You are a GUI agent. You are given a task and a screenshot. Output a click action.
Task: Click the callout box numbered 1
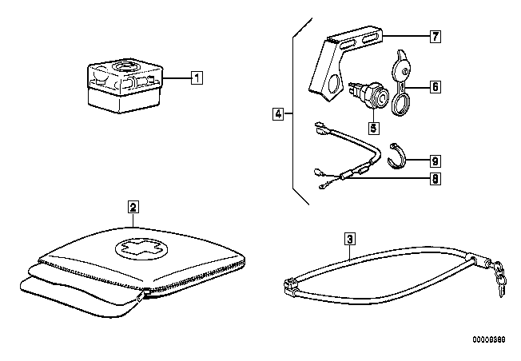197,78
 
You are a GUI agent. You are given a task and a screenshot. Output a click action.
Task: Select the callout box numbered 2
133,207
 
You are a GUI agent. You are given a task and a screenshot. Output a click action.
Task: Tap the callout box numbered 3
350,239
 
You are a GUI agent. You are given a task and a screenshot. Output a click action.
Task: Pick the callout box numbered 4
278,114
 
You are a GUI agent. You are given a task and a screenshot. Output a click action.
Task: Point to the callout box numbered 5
373,128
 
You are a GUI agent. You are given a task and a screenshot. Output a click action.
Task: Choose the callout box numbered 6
435,87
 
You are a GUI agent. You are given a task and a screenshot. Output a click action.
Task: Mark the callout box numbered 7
435,36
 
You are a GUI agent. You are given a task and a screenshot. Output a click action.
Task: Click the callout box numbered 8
435,179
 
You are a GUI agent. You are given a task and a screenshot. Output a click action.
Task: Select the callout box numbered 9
435,161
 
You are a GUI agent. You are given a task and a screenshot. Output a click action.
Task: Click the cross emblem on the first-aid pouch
141,249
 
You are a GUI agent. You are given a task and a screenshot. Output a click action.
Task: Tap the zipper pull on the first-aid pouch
142,295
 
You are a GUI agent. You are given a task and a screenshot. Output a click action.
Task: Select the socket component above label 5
372,95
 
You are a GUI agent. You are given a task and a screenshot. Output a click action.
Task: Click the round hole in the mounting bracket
334,83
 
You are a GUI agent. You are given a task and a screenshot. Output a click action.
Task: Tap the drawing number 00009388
489,339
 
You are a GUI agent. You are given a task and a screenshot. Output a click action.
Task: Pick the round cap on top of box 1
125,66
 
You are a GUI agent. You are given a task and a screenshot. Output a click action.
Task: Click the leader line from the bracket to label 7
407,35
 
